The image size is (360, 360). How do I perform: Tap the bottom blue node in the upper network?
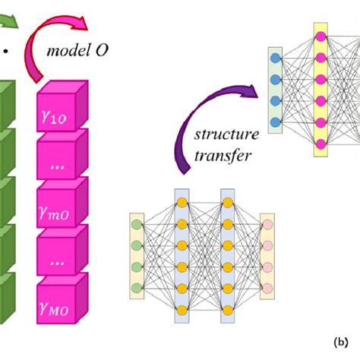[274, 122]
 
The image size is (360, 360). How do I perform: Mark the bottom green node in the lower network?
[136, 287]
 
